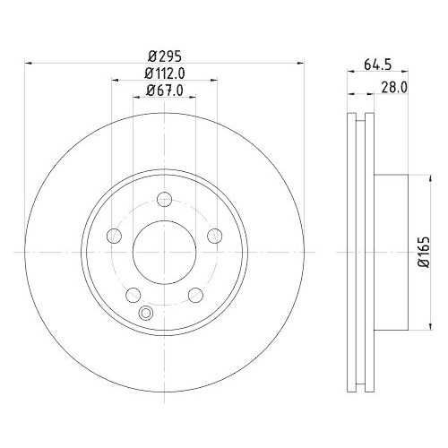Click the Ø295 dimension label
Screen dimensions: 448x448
click(163, 54)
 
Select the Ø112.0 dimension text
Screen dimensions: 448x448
click(163, 73)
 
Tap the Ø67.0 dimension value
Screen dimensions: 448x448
click(163, 90)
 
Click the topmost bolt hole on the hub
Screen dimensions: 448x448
click(163, 201)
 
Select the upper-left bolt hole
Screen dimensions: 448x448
click(114, 236)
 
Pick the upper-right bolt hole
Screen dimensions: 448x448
click(213, 236)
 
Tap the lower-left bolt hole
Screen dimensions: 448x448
click(133, 294)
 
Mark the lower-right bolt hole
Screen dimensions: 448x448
click(194, 294)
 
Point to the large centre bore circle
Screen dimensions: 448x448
click(163, 252)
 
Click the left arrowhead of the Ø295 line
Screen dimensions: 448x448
click(28, 63)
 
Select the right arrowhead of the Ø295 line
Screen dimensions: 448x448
click(298, 63)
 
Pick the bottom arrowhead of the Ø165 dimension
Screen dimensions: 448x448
click(411, 327)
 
